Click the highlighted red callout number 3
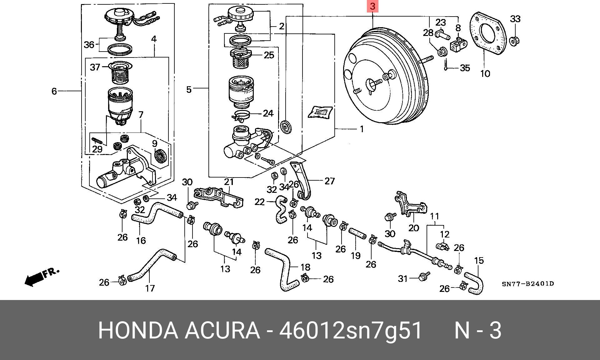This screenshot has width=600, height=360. coord(372,6)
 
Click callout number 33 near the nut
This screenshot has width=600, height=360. coord(515,19)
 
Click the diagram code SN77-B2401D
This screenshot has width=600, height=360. coord(528,284)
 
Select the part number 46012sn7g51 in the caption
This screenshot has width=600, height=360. coord(350,330)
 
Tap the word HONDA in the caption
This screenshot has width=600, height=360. coord(138,330)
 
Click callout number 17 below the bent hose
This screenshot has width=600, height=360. coord(150,288)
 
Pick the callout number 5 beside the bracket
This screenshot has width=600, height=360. coord(188,90)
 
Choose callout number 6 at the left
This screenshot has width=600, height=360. coord(54,91)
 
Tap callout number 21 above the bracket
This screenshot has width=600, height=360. coord(229,182)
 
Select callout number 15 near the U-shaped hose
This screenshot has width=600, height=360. coord(479,260)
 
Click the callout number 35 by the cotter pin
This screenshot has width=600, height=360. coord(465,68)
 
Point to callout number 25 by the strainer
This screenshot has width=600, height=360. coord(268,55)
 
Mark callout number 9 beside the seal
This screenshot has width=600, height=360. coord(155,143)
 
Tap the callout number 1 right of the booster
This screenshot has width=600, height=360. coord(362,129)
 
